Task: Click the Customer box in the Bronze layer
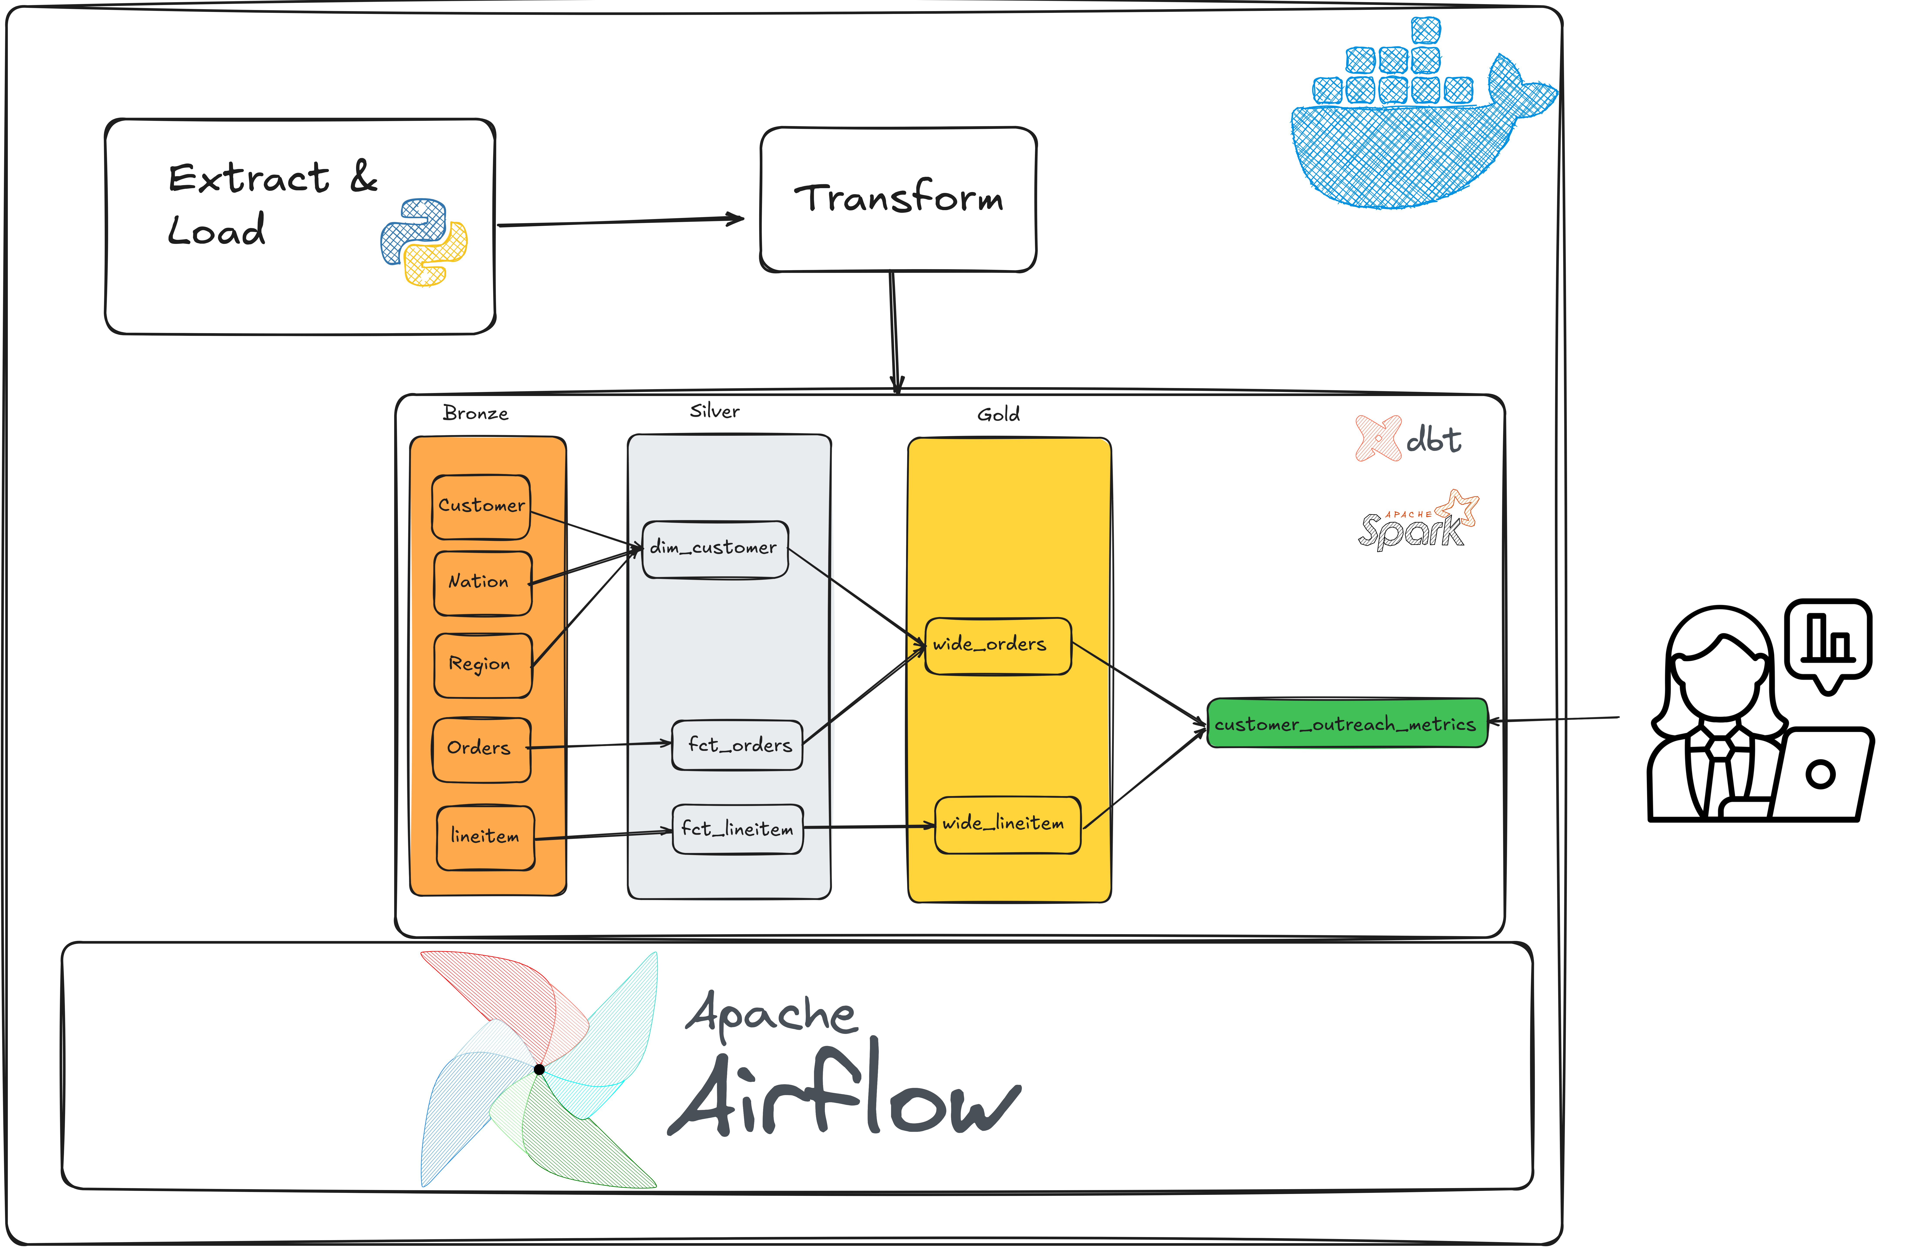[481, 507]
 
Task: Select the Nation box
[483, 583]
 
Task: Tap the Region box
[483, 665]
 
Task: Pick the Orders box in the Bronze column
[481, 750]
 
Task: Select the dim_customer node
[715, 550]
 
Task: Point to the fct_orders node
[737, 745]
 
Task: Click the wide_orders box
[999, 646]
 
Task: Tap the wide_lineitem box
[1008, 825]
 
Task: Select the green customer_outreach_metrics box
[1347, 723]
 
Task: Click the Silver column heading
[715, 411]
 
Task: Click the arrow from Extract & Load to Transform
[621, 221]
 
